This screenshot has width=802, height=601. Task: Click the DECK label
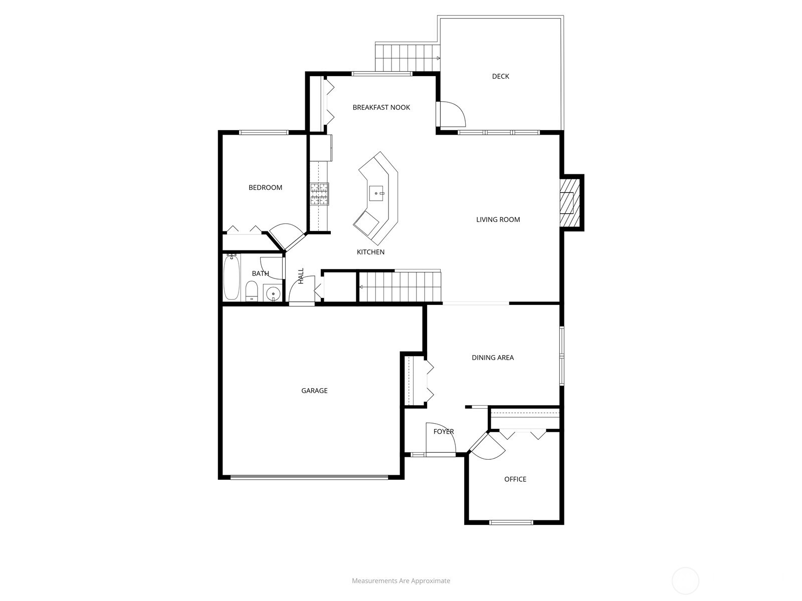coord(500,76)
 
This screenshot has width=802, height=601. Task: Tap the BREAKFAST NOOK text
coord(381,107)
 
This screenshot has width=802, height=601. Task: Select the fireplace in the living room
coord(569,202)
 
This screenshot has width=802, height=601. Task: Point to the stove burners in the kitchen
coord(319,194)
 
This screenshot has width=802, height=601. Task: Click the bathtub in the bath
coord(232,277)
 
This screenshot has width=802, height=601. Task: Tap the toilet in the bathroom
coord(252,291)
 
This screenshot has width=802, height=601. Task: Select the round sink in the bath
coord(273,293)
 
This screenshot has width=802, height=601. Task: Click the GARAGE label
coord(314,391)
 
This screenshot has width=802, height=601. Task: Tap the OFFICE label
coord(515,479)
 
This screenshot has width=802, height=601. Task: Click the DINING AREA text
coord(492,358)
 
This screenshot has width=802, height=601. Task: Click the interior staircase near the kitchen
coord(400,287)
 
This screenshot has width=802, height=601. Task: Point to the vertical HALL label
coord(301,276)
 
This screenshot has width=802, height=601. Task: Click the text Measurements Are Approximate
coord(400,581)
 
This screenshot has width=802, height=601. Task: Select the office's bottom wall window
coord(511,522)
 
